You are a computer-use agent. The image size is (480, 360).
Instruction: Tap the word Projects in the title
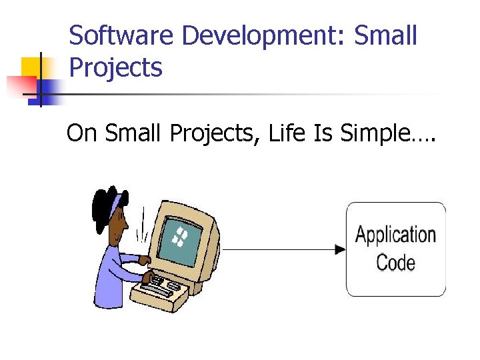(x=115, y=68)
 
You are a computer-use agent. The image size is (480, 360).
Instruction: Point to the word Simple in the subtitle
(x=373, y=134)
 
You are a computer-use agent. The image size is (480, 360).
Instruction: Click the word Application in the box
(x=395, y=235)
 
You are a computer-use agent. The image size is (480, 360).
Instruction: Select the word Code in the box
(x=395, y=262)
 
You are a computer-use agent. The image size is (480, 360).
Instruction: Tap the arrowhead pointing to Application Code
(x=339, y=249)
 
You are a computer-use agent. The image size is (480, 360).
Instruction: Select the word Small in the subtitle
(x=134, y=134)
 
